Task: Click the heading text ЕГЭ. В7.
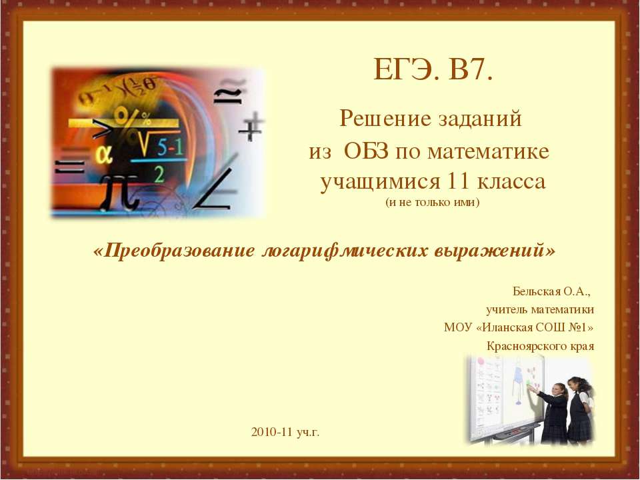433,70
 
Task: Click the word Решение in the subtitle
380,119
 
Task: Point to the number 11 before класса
459,181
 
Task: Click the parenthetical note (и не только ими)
432,203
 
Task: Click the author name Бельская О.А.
551,291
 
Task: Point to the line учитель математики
540,310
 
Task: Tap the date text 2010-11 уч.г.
285,432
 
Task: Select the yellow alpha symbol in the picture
105,155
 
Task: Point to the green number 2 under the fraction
159,175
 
